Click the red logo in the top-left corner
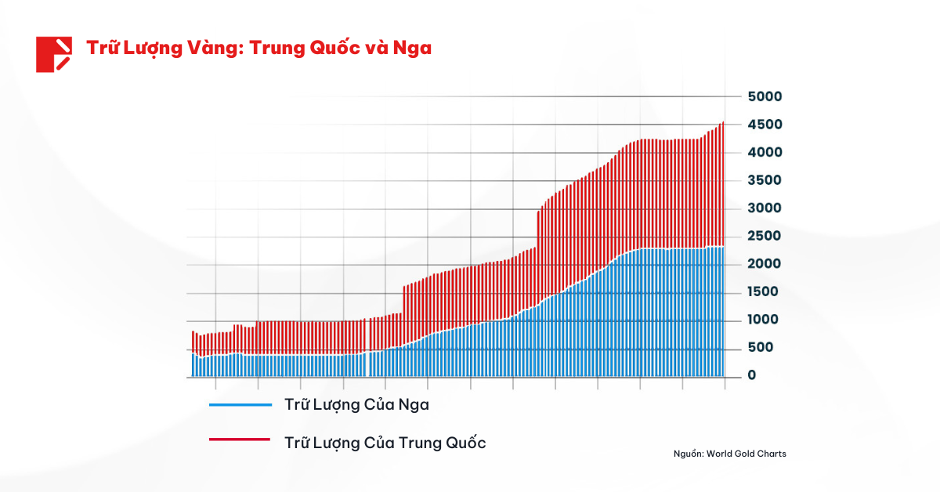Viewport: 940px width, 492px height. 54,54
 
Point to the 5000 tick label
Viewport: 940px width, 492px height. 765,96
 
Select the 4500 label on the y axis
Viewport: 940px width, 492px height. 765,125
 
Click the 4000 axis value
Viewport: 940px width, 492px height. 765,152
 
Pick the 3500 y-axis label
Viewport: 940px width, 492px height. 765,180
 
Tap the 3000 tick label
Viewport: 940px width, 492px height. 765,208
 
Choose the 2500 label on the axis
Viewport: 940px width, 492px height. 765,236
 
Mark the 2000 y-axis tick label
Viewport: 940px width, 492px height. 765,264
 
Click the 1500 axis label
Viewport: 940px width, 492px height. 765,292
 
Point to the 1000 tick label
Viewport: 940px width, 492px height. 765,320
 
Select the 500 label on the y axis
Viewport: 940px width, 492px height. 761,348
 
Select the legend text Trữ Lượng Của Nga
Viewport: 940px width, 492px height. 356,405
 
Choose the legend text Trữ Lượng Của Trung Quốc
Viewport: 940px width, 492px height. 385,443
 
